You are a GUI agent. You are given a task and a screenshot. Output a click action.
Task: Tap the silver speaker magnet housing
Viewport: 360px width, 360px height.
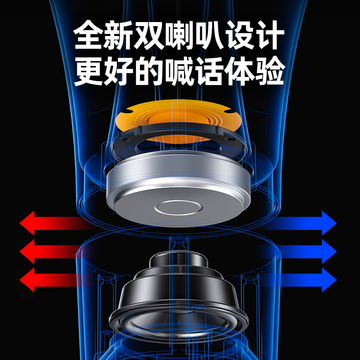point(180,184)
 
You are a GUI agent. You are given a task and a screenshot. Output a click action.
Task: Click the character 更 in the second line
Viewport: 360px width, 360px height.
point(89,71)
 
